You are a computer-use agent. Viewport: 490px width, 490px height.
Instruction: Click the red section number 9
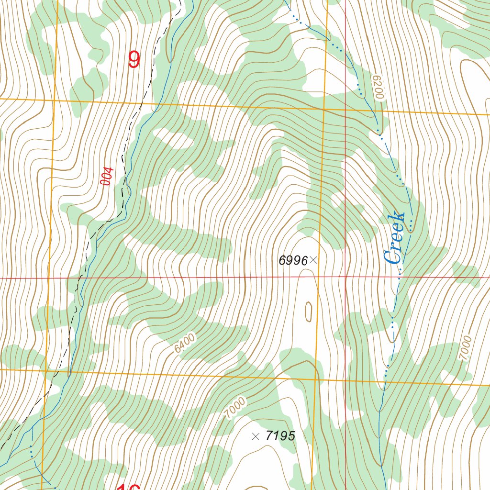tap(134, 60)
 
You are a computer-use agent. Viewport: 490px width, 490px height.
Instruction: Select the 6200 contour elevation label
tap(379, 88)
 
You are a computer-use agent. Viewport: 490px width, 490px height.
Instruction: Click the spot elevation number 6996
tap(293, 260)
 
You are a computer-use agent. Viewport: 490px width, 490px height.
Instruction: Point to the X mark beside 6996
tap(313, 260)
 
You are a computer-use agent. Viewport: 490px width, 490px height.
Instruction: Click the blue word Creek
tap(396, 237)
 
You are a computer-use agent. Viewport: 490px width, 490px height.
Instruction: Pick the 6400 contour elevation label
tap(185, 344)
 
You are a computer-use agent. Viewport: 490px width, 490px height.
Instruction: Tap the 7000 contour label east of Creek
tap(466, 348)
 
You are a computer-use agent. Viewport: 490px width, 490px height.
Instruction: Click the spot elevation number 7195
tap(280, 436)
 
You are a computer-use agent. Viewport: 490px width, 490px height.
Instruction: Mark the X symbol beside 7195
tap(256, 436)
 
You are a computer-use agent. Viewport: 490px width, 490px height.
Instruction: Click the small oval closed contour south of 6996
tap(308, 312)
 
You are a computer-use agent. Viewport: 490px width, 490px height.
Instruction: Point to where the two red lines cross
tap(345, 277)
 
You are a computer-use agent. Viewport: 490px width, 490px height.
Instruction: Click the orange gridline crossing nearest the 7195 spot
tap(315, 379)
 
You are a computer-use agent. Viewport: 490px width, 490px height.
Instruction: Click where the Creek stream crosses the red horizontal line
tap(399, 277)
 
